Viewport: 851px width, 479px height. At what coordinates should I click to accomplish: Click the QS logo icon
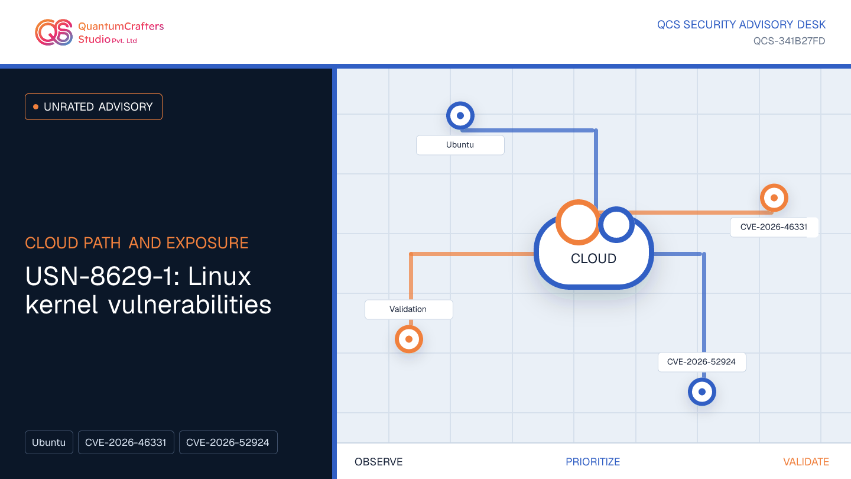point(54,33)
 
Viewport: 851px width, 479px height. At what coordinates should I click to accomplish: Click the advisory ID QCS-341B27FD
point(789,41)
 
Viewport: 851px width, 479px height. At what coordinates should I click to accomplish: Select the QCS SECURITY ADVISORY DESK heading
point(741,25)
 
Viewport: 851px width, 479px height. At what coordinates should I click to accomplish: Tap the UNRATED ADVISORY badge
point(93,107)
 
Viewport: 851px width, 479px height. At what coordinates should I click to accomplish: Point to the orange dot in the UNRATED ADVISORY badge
point(35,107)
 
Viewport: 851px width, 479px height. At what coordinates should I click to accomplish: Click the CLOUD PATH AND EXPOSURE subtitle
point(137,243)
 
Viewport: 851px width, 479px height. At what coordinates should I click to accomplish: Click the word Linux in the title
point(219,276)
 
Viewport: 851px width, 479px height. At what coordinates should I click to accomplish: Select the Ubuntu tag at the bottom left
point(49,442)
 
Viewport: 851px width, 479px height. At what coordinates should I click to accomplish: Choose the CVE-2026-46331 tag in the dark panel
point(126,442)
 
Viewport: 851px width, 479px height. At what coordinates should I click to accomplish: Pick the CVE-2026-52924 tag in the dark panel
point(228,442)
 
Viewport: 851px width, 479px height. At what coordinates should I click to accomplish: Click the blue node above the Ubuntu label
point(460,115)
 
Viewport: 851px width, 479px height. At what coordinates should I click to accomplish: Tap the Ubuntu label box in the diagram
point(460,145)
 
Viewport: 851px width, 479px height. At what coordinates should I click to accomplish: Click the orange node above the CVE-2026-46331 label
point(774,198)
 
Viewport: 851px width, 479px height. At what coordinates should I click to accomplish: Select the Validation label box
point(409,309)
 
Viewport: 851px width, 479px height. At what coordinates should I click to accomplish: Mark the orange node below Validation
point(409,339)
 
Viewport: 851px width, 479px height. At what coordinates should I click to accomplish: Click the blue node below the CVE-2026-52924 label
point(701,391)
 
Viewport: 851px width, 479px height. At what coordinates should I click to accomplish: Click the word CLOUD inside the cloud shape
point(593,258)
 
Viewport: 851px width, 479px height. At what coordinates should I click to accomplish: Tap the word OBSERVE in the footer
point(378,462)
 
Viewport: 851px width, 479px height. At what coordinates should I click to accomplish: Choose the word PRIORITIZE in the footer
point(593,462)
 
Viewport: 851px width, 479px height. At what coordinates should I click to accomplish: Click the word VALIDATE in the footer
point(806,462)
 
